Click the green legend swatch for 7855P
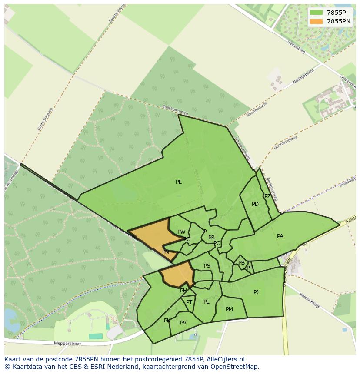(317, 13)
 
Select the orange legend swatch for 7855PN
(317, 21)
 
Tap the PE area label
(179, 182)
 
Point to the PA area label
(280, 236)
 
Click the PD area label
(255, 204)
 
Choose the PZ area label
(267, 196)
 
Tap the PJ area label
(256, 292)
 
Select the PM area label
(229, 309)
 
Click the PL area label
(207, 302)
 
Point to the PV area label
(183, 323)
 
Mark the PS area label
(207, 266)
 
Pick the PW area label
(181, 232)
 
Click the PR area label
(211, 238)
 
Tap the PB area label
(241, 263)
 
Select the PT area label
(189, 302)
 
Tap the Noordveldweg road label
(286, 142)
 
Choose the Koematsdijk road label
(310, 301)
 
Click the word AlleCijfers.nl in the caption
(226, 359)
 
